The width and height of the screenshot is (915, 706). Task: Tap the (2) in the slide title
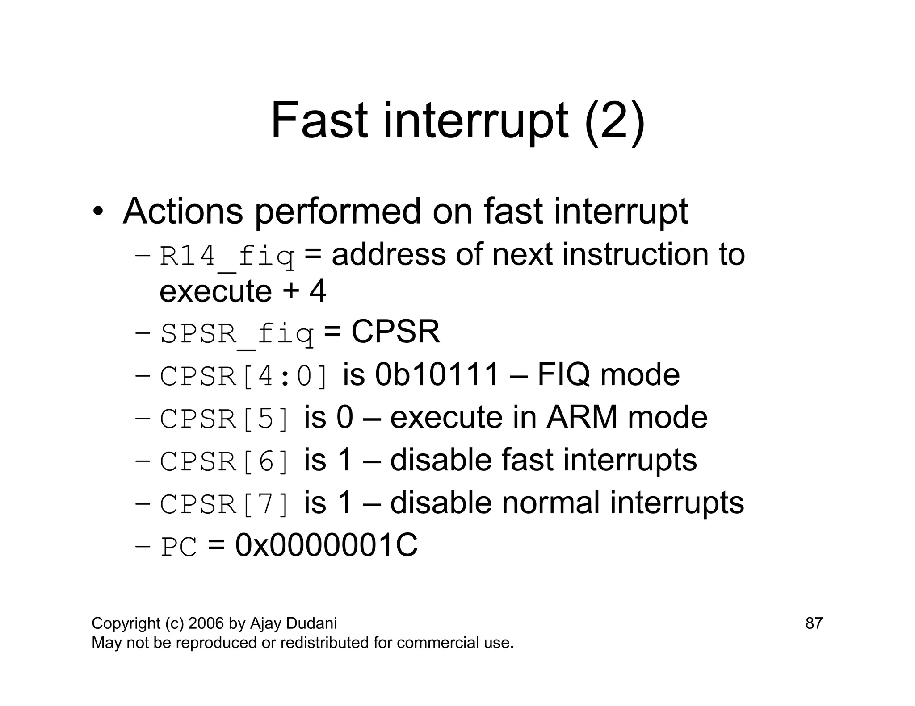[614, 121]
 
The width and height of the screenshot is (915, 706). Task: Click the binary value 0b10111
[437, 374]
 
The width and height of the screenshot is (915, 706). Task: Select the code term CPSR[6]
[225, 461]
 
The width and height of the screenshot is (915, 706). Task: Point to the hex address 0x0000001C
[326, 545]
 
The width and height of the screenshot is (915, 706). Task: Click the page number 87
[814, 623]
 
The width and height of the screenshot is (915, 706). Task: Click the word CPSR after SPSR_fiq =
[395, 332]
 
